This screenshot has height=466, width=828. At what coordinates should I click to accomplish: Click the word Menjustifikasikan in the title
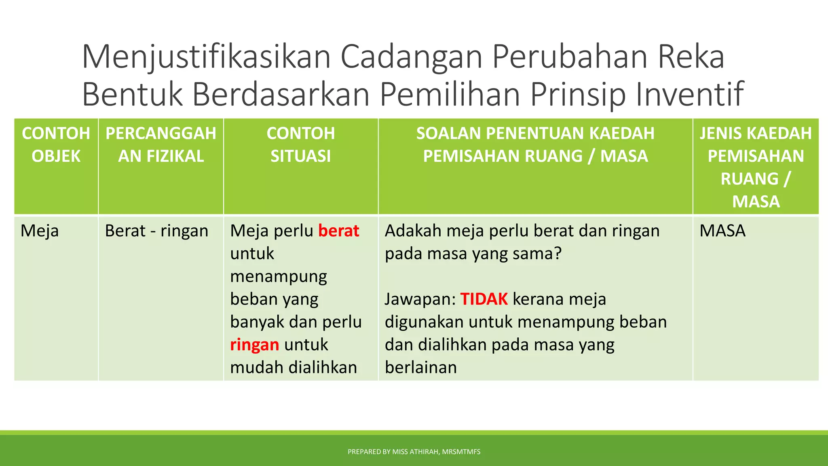coord(207,57)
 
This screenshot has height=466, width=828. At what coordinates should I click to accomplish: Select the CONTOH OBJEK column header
coord(56,144)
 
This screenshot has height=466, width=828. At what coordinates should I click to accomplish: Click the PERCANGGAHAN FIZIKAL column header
coord(161,144)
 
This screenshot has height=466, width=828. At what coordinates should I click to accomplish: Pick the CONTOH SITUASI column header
coord(301,144)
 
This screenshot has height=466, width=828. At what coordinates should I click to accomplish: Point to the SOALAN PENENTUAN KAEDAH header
coord(535,144)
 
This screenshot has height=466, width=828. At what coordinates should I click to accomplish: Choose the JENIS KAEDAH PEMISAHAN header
coord(756,167)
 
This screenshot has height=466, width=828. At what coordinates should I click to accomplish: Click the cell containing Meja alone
coord(40,231)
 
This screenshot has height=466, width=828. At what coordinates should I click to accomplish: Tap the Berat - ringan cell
coord(156,231)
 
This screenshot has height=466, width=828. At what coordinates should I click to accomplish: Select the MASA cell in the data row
coord(722,231)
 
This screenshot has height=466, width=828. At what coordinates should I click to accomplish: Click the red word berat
coord(338,231)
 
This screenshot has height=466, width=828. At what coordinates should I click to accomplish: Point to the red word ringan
coord(254,345)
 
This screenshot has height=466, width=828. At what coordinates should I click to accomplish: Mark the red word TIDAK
coord(484,299)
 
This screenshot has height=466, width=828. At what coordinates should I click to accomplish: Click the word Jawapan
coord(420,300)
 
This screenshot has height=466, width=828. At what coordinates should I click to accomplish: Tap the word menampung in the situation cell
coord(279,277)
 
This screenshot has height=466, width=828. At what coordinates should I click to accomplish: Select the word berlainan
coord(420,368)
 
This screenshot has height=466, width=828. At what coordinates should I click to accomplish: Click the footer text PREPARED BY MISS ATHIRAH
coord(414,452)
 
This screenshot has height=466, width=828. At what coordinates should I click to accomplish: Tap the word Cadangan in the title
coord(412,57)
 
